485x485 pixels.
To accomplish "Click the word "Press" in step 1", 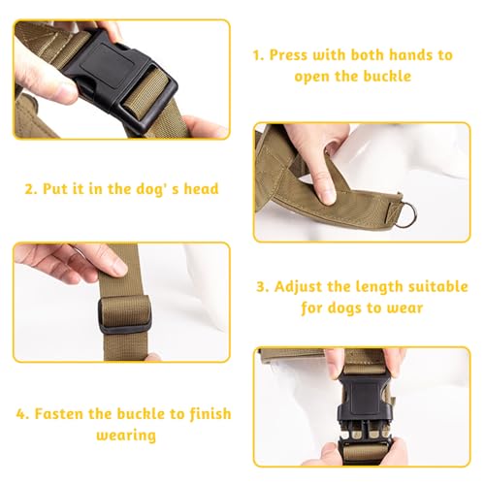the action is point(288,55).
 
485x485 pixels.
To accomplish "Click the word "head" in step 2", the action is point(201,188).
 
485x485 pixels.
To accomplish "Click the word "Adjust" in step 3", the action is point(298,287).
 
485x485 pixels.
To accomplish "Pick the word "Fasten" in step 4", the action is point(58,413).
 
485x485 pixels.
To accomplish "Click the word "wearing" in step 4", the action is point(126,436).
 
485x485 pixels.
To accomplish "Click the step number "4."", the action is point(22,414).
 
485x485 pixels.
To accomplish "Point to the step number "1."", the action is point(259,55).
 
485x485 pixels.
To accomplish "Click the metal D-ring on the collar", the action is point(408,214).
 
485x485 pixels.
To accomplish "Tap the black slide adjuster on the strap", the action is point(124,315).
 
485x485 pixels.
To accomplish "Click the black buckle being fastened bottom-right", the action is point(366,414).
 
